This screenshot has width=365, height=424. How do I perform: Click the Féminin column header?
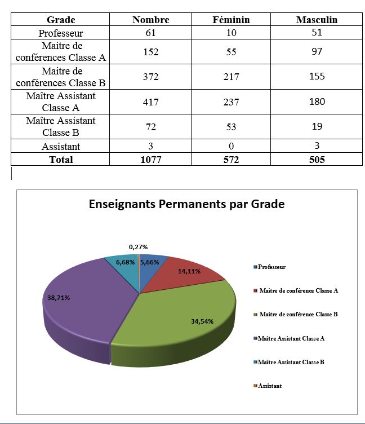(x=232, y=20)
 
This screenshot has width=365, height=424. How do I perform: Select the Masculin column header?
(x=317, y=20)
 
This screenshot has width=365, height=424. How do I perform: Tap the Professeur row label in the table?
(x=61, y=33)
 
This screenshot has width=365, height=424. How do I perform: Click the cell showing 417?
(x=150, y=102)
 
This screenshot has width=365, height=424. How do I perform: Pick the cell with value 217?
(x=231, y=77)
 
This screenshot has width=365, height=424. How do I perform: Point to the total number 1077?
(x=150, y=160)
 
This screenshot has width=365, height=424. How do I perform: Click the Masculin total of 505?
(x=317, y=160)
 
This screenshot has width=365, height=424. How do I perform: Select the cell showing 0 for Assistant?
(x=231, y=147)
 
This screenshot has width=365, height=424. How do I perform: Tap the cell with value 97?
(x=317, y=52)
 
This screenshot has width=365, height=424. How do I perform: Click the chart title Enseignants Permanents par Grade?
(x=186, y=204)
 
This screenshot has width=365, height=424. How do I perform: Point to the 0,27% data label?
(x=139, y=247)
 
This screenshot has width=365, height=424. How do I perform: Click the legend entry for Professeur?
(x=271, y=267)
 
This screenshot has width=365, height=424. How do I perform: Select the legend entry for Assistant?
(x=269, y=386)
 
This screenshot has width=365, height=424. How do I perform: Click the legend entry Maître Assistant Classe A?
(x=291, y=338)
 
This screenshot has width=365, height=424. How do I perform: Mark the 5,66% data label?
(x=150, y=262)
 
